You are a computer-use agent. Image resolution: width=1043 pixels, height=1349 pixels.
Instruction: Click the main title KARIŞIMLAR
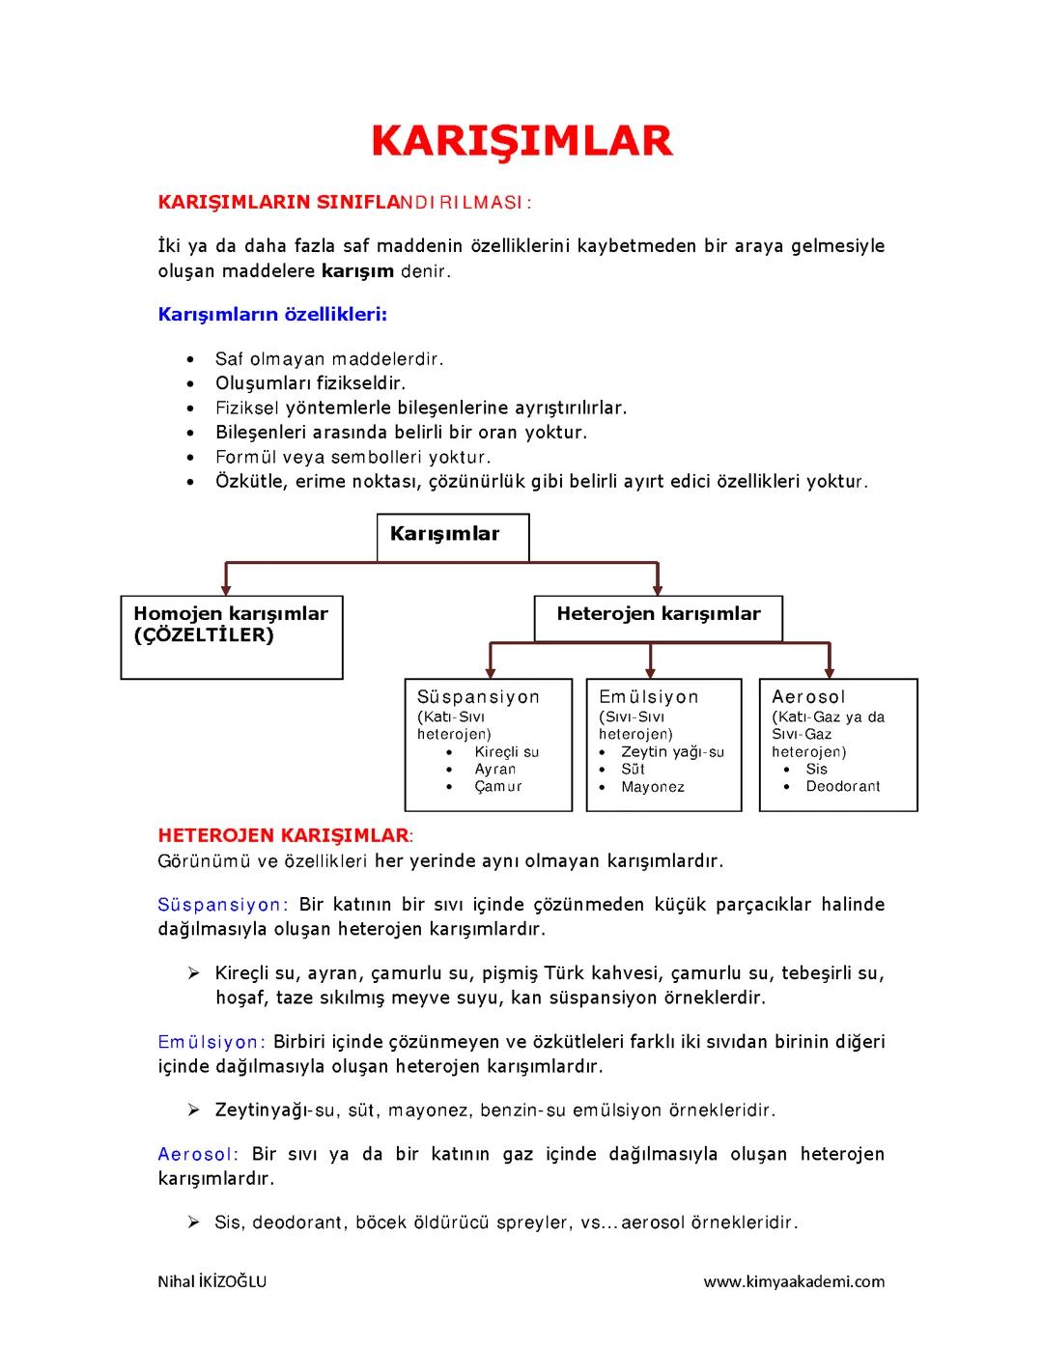coord(521,140)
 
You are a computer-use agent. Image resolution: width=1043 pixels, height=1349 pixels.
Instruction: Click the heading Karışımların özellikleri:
coord(272,314)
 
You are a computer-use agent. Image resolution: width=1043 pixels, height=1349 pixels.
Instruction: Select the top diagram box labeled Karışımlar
coord(452,537)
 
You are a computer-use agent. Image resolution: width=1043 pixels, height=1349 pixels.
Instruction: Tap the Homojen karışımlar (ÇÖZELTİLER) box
coord(231,636)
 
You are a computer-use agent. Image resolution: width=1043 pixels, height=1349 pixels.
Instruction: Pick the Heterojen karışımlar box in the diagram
coord(658,618)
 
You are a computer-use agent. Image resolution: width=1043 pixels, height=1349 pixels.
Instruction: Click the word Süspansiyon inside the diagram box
coord(478,696)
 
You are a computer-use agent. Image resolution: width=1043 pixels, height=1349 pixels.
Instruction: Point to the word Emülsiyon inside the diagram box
coord(648,696)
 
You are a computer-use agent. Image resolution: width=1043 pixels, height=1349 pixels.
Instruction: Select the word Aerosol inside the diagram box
coord(808,696)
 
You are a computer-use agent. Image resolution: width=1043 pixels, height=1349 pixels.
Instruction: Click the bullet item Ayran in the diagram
coord(494,770)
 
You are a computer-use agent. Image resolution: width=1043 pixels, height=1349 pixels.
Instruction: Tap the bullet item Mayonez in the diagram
coord(653,787)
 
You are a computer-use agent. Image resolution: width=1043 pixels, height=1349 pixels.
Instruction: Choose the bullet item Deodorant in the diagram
coord(842,787)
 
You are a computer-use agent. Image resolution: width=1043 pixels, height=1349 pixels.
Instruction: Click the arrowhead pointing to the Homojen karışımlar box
coord(226,586)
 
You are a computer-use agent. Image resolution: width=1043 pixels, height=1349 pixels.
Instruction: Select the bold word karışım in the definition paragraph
coord(356,270)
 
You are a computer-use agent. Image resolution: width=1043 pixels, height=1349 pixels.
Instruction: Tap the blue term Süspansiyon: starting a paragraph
coord(222,905)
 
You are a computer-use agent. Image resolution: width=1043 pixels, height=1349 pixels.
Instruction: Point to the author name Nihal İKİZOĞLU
coord(211,1281)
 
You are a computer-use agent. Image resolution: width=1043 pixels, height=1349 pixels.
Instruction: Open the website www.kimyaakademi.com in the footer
coord(794,1281)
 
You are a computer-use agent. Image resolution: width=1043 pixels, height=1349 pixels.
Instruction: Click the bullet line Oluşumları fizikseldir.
coord(309,383)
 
